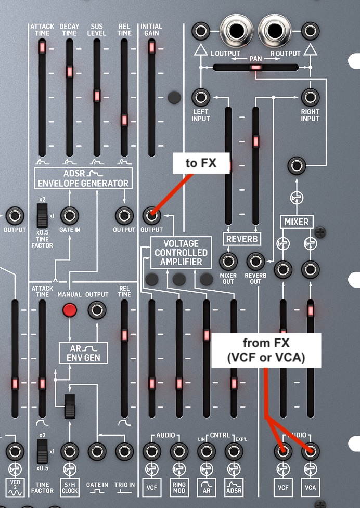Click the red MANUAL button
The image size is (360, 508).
69,310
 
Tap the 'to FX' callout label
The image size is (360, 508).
201,164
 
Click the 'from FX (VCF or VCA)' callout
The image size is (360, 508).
266,350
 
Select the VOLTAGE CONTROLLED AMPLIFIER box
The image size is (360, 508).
181,252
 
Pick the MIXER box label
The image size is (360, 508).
296,222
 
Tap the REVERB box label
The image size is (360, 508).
242,239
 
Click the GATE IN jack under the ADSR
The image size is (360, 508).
69,215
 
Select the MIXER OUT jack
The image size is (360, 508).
228,261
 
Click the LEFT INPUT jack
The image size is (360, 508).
201,97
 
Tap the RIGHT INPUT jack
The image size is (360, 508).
310,97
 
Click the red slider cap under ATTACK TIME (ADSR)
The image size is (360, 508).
42,48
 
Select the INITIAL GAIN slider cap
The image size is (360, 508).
151,47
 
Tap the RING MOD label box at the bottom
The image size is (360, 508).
178,487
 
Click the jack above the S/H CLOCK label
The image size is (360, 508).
69,451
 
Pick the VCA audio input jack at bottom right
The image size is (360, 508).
310,451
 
